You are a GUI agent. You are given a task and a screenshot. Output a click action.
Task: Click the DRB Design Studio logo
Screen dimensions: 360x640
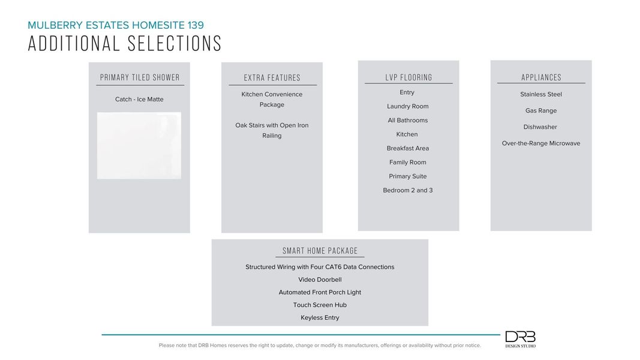520,339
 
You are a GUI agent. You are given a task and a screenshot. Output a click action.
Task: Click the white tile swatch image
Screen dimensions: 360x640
139,145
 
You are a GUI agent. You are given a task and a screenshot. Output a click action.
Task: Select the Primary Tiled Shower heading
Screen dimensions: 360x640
140,77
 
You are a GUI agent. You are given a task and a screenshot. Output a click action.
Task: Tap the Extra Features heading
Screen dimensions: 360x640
272,78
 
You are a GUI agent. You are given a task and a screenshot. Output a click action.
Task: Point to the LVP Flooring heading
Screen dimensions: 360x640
408,77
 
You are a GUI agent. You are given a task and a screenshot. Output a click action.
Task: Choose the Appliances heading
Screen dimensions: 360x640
541,77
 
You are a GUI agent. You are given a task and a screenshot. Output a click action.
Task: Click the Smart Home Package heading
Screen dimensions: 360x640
320,251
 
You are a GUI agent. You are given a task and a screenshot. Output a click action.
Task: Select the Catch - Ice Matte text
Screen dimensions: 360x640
139,100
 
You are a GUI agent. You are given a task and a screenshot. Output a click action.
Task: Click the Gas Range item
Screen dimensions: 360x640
541,110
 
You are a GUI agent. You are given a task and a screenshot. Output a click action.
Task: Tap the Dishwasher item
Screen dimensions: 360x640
540,127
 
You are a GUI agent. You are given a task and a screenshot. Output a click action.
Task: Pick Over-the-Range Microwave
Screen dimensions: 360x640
541,143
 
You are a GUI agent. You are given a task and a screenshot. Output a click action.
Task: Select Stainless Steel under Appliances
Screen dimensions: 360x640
541,94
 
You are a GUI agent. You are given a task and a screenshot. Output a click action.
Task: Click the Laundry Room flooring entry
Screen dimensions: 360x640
408,106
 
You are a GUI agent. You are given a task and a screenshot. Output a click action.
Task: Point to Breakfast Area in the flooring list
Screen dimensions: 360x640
408,148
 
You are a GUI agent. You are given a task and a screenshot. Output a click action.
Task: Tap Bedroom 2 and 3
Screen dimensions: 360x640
408,190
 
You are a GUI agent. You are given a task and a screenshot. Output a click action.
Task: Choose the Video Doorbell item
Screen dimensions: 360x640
320,280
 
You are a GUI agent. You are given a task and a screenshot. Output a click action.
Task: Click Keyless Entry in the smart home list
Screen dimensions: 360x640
320,318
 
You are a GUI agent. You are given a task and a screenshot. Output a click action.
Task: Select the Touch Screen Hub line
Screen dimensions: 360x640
320,305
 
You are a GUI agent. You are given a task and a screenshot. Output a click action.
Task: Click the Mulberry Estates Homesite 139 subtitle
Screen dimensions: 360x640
116,25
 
